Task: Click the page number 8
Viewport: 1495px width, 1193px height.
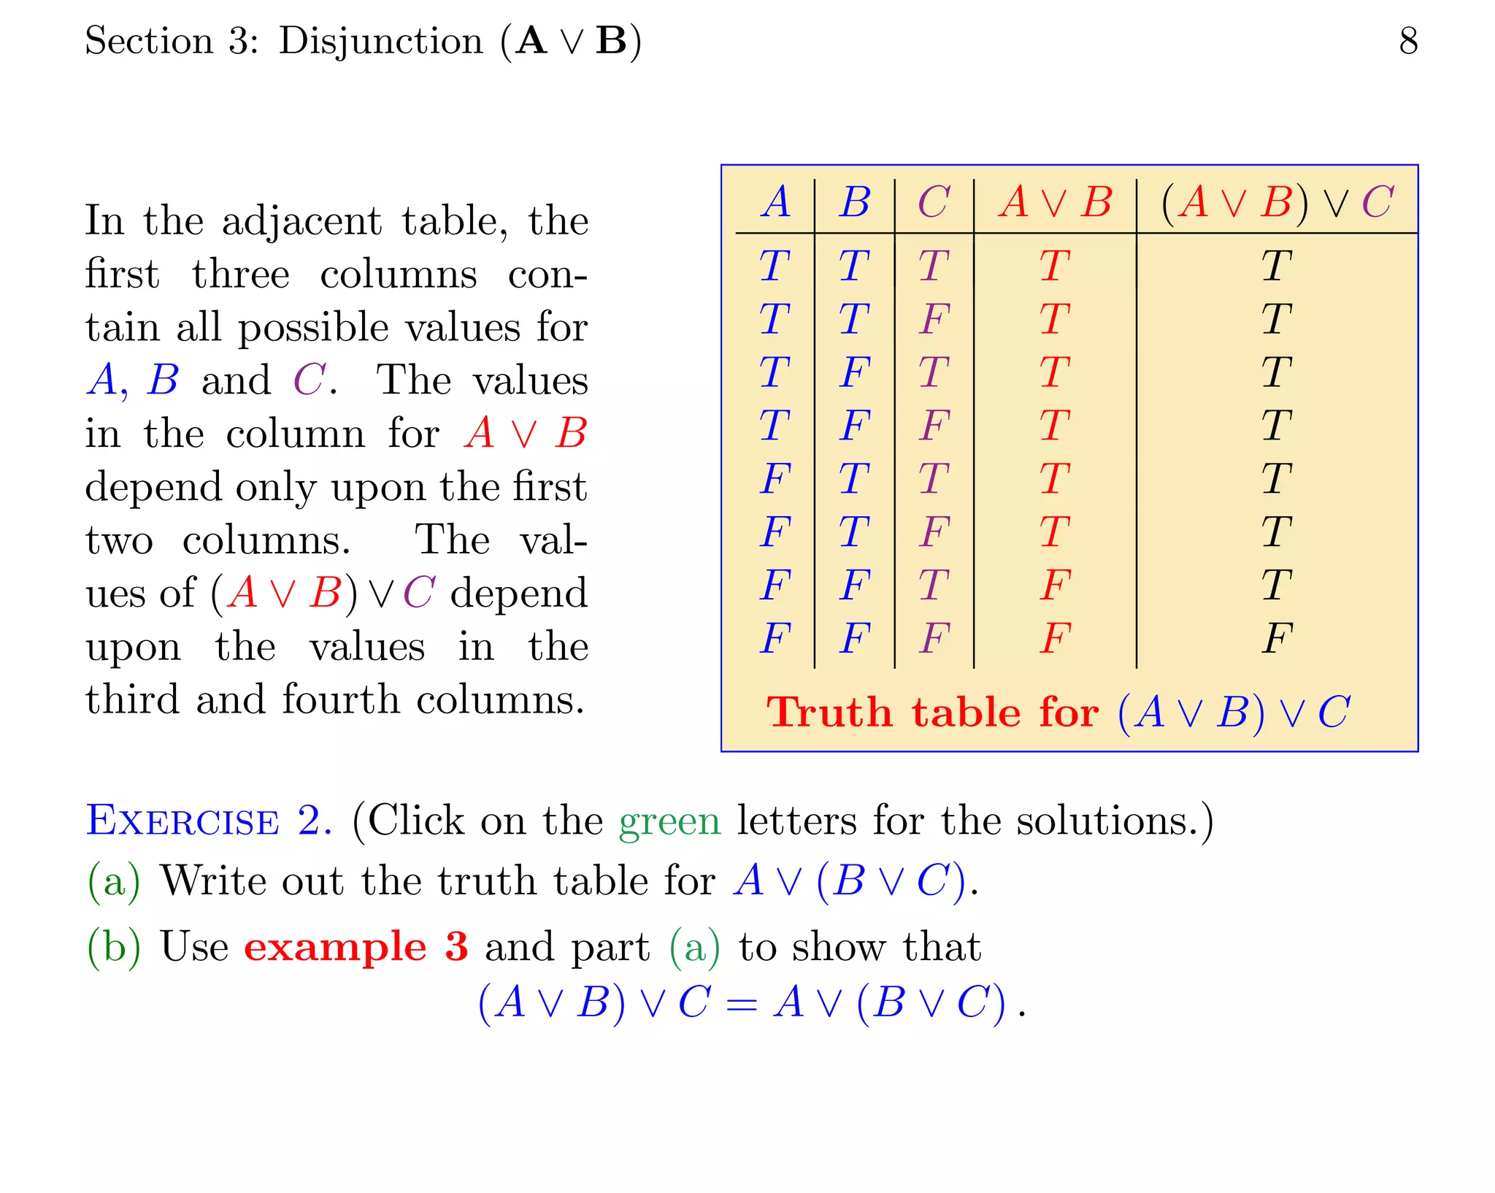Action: tap(1408, 41)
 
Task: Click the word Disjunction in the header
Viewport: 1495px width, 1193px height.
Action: tap(380, 41)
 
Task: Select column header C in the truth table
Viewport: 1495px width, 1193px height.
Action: tap(934, 202)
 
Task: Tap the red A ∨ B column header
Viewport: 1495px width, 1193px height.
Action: tap(1055, 202)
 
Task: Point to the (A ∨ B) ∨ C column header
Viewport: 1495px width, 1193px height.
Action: tap(1277, 202)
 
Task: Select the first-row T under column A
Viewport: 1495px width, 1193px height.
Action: tap(775, 266)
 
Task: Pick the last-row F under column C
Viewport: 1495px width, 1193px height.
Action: tap(934, 639)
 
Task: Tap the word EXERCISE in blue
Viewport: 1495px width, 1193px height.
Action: tap(182, 821)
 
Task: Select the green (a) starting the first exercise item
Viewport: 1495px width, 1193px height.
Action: tap(113, 881)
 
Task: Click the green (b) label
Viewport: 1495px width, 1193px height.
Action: tap(113, 947)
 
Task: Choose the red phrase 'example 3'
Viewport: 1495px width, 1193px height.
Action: tap(356, 947)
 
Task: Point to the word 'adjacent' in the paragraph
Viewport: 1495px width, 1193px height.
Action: tap(301, 220)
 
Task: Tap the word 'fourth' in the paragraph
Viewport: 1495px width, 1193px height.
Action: tap(341, 699)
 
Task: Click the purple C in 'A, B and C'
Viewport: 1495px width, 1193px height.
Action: tap(309, 380)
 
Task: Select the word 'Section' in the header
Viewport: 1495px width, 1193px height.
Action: tap(149, 41)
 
